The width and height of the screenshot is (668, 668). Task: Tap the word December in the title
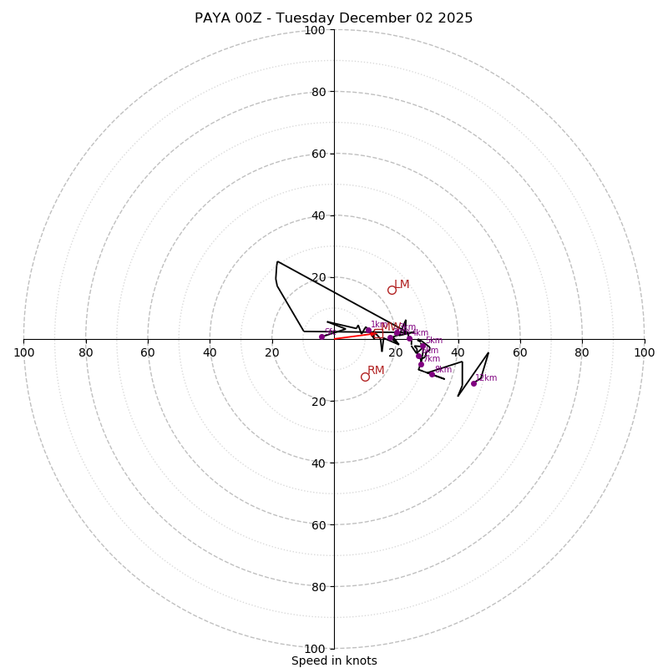point(377,18)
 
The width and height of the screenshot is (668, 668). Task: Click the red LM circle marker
point(392,290)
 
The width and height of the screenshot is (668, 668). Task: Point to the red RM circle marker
point(365,377)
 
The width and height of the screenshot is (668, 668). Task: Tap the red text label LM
point(402,285)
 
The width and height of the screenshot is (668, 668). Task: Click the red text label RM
point(376,371)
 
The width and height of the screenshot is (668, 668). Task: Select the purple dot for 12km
point(473,383)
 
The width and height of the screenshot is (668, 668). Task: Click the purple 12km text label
point(486,378)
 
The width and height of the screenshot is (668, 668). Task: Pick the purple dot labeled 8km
point(432,374)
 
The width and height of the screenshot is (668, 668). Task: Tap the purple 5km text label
point(434,341)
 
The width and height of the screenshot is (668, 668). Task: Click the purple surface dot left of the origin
point(321,337)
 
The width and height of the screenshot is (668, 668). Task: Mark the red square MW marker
point(378,333)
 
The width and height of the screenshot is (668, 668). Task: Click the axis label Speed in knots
point(334,661)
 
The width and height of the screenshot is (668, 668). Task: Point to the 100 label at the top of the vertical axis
point(315,30)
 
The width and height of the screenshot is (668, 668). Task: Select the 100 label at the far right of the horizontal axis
point(644,352)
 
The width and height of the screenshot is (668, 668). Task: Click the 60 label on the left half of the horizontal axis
point(148,352)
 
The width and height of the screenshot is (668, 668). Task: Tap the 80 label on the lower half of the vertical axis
point(318,587)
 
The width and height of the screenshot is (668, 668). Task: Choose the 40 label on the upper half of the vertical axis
point(318,215)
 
